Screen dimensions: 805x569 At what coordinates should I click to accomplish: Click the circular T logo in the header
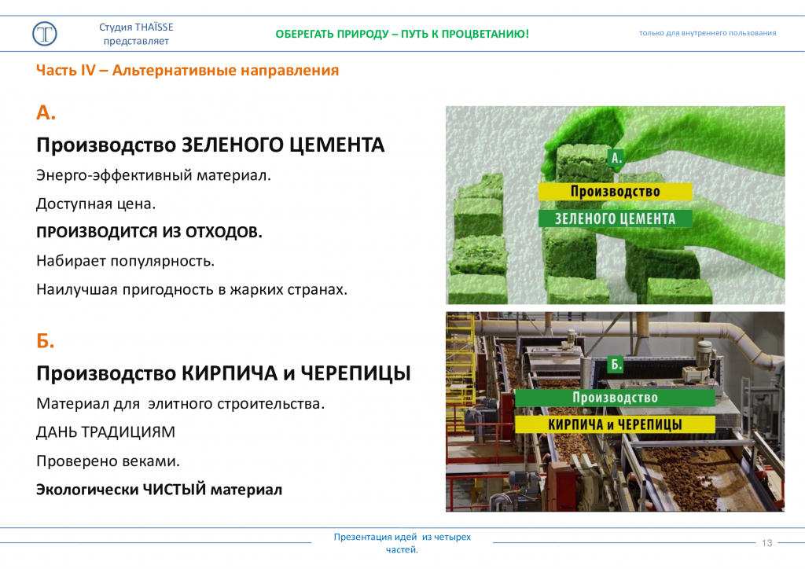point(45,34)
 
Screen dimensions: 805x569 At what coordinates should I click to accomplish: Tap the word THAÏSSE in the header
point(155,28)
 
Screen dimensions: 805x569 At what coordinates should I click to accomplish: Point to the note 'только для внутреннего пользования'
point(708,33)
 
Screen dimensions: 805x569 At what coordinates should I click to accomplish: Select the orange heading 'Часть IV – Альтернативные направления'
point(187,70)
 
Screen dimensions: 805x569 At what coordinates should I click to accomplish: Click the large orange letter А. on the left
point(46,112)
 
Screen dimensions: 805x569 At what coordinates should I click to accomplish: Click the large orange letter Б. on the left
point(45,340)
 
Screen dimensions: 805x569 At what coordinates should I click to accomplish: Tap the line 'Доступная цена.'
point(95,204)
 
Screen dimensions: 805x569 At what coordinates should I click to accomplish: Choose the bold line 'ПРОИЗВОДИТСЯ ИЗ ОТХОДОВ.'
point(149,233)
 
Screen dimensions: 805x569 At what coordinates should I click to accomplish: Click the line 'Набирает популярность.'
point(125,261)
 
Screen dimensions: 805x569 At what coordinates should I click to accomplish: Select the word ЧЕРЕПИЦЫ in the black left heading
point(355,373)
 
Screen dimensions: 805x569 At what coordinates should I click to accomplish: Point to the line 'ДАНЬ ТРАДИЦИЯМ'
point(105,432)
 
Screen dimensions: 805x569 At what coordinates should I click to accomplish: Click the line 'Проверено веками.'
point(108,461)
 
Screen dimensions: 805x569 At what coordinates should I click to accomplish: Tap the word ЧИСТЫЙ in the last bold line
point(174,490)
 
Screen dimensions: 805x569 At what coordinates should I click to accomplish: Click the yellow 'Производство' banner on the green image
point(615,192)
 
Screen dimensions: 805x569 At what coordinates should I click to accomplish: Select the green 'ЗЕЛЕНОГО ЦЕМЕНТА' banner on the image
point(615,218)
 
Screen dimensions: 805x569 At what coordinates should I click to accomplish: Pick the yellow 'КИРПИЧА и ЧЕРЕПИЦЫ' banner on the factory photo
point(615,424)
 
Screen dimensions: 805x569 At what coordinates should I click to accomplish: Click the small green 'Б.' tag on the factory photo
point(616,365)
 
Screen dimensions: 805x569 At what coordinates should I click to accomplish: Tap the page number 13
point(767,543)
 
